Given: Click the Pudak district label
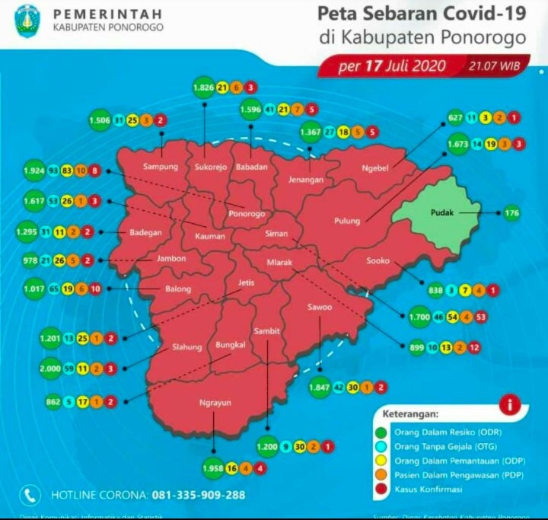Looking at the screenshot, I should click(441, 213).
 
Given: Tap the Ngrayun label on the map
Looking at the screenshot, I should click(215, 402).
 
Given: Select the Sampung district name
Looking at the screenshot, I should click(161, 166).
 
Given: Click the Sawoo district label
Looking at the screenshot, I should click(320, 308).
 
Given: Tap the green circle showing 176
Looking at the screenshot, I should click(511, 213).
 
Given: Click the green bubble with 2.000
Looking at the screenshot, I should click(53, 368).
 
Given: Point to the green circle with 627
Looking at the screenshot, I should click(455, 118).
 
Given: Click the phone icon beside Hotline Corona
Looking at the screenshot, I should click(30, 495).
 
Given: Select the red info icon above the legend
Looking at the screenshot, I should click(508, 406).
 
